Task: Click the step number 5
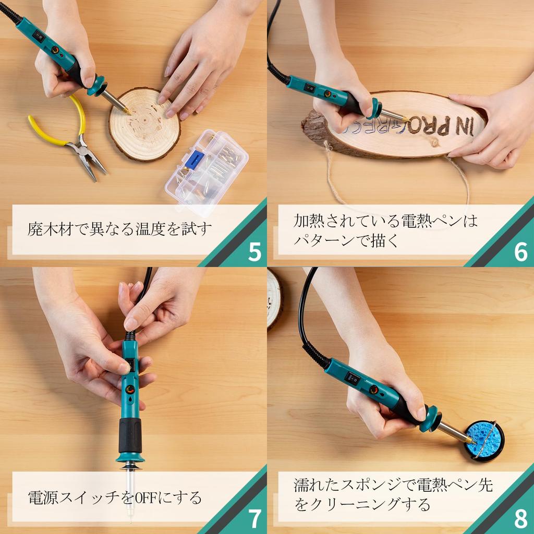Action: click(x=254, y=252)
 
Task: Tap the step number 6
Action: click(x=521, y=252)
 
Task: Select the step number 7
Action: click(x=254, y=519)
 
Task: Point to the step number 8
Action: click(x=521, y=519)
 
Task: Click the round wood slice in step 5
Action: click(x=144, y=124)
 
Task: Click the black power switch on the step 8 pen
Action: click(x=353, y=378)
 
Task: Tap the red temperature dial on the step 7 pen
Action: click(x=130, y=389)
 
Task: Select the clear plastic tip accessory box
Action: click(x=207, y=173)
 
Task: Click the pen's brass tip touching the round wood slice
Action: click(x=127, y=111)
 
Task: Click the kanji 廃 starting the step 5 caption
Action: click(x=35, y=229)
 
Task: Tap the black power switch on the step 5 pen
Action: click(x=39, y=36)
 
